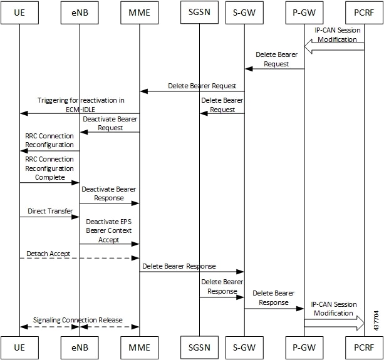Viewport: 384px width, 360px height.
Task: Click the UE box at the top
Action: pyautogui.click(x=19, y=13)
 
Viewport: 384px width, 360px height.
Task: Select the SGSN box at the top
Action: pyautogui.click(x=199, y=13)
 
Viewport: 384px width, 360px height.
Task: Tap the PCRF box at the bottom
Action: pyautogui.click(x=364, y=347)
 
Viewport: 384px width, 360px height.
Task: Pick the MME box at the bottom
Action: pyautogui.click(x=139, y=347)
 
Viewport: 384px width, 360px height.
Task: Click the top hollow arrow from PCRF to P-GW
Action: pyautogui.click(x=334, y=46)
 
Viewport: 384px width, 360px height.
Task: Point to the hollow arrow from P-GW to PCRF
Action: pyautogui.click(x=335, y=323)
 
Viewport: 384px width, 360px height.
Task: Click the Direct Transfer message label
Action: pyautogui.click(x=50, y=211)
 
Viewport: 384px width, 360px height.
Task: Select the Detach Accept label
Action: pyautogui.click(x=48, y=254)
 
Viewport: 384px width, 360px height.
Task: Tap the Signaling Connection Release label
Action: pyautogui.click(x=78, y=320)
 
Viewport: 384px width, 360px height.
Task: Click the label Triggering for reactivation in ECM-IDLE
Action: pyautogui.click(x=81, y=105)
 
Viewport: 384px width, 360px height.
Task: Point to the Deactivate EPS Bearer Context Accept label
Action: pyautogui.click(x=109, y=231)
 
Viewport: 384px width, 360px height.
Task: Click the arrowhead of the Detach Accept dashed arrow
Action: pyautogui.click(x=135, y=258)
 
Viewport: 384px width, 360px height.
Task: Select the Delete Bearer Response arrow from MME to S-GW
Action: pyautogui.click(x=192, y=272)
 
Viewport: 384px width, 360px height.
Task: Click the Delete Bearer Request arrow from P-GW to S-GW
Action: pyautogui.click(x=274, y=69)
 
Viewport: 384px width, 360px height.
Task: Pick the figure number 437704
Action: pyautogui.click(x=376, y=321)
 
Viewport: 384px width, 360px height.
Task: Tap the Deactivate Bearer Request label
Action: pyautogui.click(x=110, y=123)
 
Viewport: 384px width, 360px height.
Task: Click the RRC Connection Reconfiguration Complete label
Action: pyautogui.click(x=49, y=168)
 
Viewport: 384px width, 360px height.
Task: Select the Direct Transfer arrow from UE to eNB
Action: pyautogui.click(x=49, y=217)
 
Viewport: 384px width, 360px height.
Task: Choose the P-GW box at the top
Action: pyautogui.click(x=304, y=13)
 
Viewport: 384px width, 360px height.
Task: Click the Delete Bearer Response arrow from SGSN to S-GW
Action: pyautogui.click(x=222, y=297)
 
